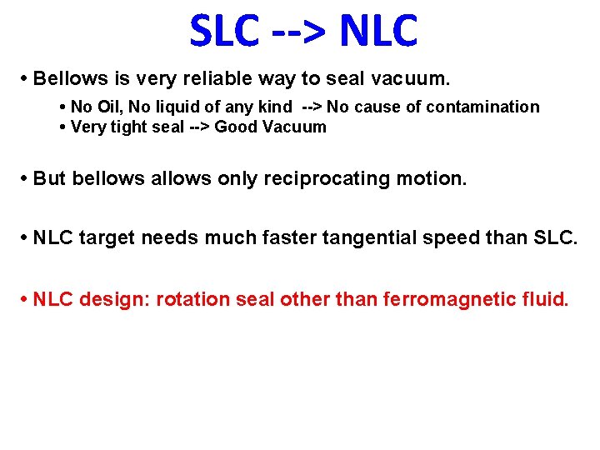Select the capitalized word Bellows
tap(62, 80)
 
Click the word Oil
tap(109, 107)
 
